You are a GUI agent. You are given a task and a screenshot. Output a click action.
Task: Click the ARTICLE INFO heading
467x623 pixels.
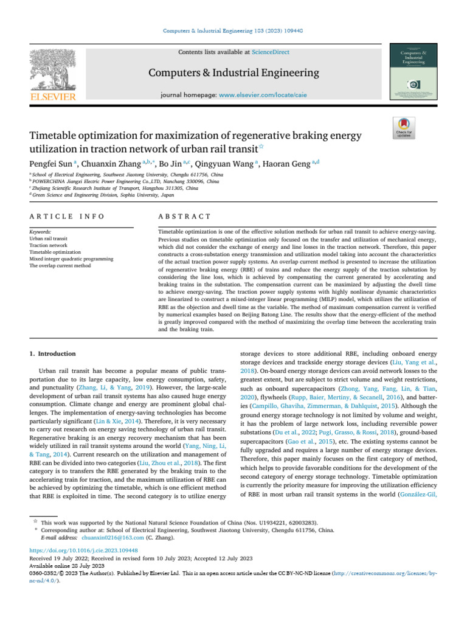67,200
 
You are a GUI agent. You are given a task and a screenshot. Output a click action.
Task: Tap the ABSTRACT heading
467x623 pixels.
184,200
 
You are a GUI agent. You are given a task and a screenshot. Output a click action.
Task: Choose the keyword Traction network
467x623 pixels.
49,245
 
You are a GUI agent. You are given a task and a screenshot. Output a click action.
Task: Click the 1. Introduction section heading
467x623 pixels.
53,353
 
